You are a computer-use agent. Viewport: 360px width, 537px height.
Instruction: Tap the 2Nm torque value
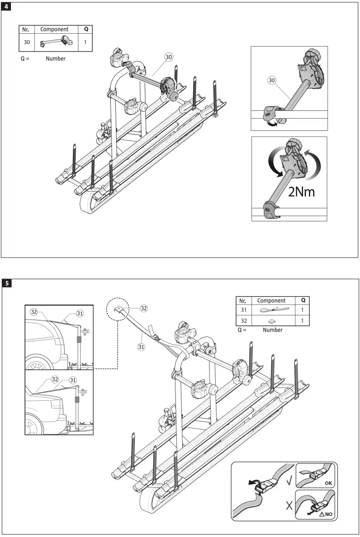point(301,191)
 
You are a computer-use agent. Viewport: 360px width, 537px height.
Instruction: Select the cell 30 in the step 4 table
point(27,42)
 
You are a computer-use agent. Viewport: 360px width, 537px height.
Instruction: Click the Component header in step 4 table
point(54,29)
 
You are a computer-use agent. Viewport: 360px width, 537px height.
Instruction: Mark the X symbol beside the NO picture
point(288,505)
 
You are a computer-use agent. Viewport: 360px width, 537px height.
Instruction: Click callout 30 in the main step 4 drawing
point(169,57)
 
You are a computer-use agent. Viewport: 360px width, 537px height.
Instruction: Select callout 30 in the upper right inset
point(272,81)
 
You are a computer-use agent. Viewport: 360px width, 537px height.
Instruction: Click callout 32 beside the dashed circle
point(144,308)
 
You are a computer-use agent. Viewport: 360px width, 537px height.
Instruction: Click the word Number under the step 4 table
point(55,58)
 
